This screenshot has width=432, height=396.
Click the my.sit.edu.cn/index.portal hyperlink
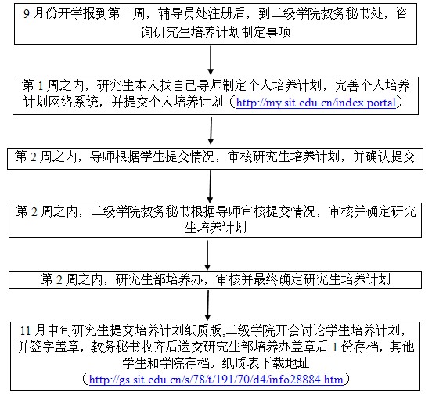click(x=316, y=103)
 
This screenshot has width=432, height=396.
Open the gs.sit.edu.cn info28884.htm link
click(x=216, y=380)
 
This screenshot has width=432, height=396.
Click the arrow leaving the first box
click(x=211, y=60)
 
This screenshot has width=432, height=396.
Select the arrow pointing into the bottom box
click(x=208, y=305)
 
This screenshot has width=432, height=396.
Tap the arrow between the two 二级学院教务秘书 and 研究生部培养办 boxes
click(x=207, y=255)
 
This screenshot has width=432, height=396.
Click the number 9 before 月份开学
click(x=27, y=14)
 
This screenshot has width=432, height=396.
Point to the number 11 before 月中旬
click(x=25, y=330)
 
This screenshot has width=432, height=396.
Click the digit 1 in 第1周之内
click(x=40, y=86)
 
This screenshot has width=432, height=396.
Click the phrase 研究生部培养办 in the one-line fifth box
click(x=159, y=279)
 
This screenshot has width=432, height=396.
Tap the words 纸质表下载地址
click(x=265, y=363)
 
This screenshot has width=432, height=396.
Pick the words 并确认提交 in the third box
click(x=384, y=157)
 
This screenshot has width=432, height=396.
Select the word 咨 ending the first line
click(x=401, y=14)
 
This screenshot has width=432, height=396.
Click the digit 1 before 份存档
click(x=335, y=347)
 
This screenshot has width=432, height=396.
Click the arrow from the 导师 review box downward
click(x=211, y=186)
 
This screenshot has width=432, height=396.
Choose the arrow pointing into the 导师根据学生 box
click(x=211, y=131)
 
